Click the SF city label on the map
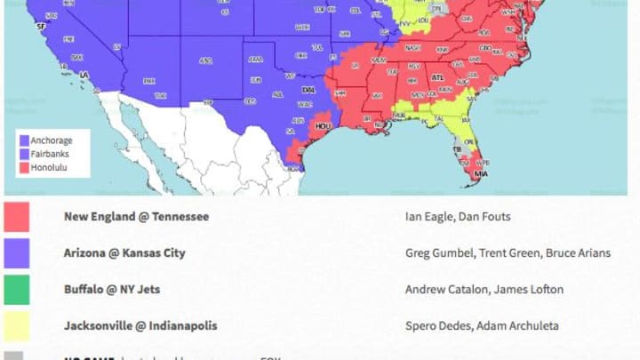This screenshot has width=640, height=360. click(39, 28)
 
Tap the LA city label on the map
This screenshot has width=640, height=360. click(84, 75)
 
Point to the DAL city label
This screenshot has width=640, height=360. click(308, 90)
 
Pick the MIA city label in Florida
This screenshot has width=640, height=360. click(480, 173)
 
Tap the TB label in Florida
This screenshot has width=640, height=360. click(457, 149)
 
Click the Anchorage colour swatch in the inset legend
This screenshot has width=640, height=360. click(24, 140)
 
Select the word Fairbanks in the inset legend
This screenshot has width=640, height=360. click(50, 154)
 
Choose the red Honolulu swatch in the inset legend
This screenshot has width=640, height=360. click(24, 167)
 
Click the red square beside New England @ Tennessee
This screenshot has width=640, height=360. click(16, 217)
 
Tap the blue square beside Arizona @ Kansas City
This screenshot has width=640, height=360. click(16, 253)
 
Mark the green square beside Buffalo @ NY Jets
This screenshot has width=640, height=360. click(16, 290)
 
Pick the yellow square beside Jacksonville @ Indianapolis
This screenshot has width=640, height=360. click(16, 326)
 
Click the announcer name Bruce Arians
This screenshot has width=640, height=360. click(579, 252)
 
